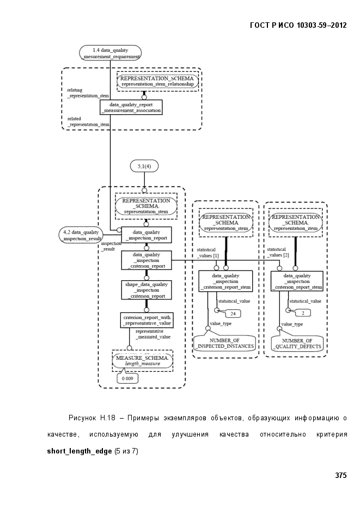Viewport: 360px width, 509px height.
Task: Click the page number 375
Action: [x=341, y=475]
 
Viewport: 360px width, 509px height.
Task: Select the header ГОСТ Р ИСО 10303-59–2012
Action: [x=298, y=26]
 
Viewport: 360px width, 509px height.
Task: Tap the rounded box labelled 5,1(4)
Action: [x=144, y=166]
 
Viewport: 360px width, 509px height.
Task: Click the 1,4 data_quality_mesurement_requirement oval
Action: [x=111, y=53]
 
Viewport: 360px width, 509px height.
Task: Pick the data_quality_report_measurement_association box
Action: [x=131, y=107]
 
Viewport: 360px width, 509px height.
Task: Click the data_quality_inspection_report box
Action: [x=147, y=235]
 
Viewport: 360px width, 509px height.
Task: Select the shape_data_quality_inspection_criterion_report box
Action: [x=147, y=290]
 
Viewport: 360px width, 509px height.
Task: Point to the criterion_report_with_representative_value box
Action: [x=147, y=320]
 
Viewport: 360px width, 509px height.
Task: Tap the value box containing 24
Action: [x=233, y=314]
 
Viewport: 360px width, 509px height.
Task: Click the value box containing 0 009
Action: [x=127, y=378]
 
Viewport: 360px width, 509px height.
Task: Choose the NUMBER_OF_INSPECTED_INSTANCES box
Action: [x=224, y=344]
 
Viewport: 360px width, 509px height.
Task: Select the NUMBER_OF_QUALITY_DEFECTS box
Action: [x=297, y=344]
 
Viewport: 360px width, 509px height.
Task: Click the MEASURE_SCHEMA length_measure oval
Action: [x=143, y=360]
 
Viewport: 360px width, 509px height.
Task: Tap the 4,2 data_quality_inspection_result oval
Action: [x=81, y=235]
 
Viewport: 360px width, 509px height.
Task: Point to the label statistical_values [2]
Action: [x=278, y=252]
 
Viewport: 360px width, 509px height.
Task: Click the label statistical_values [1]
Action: [x=208, y=253]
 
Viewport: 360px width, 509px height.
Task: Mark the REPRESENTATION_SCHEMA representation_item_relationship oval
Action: [x=157, y=81]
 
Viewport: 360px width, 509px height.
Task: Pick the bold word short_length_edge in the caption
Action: [x=80, y=451]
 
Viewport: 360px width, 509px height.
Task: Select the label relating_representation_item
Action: [x=88, y=93]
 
